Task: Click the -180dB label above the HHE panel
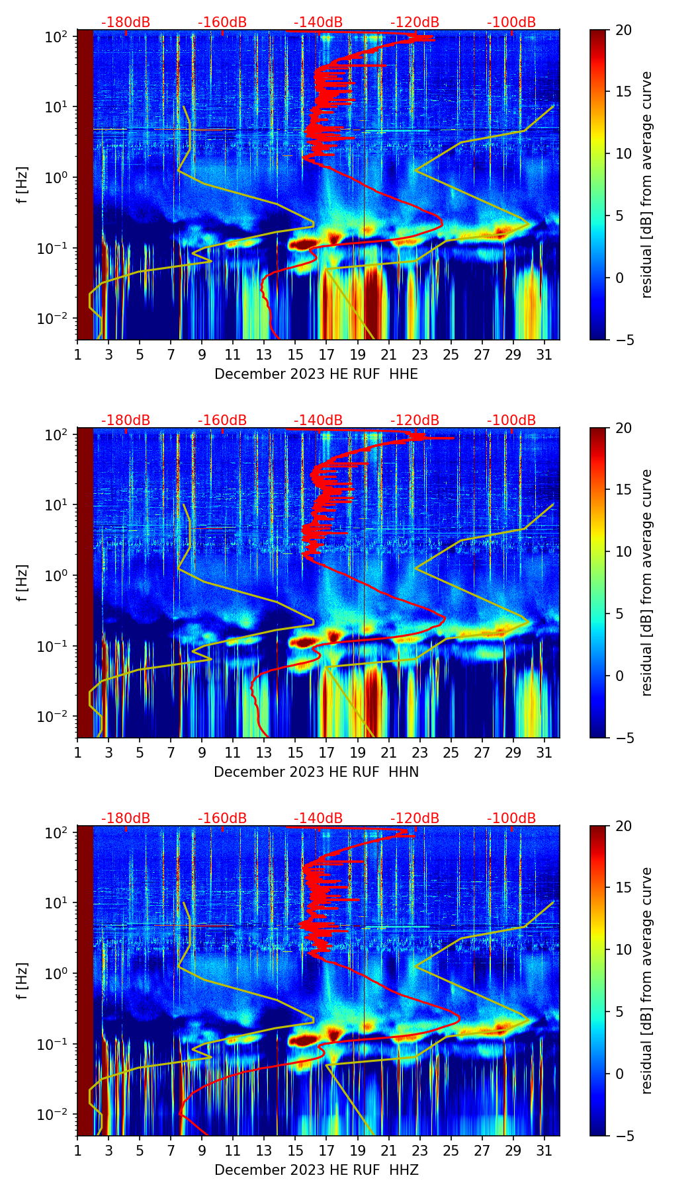tap(126, 22)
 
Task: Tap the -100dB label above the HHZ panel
tap(511, 818)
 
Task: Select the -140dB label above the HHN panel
tap(318, 420)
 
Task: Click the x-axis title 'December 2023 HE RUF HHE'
tap(316, 374)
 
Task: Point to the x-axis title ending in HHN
tap(316, 772)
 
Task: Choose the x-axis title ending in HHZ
tap(316, 1170)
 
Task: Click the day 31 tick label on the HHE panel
tap(544, 355)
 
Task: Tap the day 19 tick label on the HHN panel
tap(357, 753)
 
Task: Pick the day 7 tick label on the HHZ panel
tap(171, 1151)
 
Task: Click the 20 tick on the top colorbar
tap(623, 30)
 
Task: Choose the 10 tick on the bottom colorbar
tap(623, 950)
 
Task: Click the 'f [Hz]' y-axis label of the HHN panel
tap(22, 582)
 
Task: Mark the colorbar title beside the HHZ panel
tap(646, 980)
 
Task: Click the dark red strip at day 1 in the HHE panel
tap(85, 185)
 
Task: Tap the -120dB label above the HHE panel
tap(415, 22)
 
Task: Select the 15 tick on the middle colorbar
tap(623, 490)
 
